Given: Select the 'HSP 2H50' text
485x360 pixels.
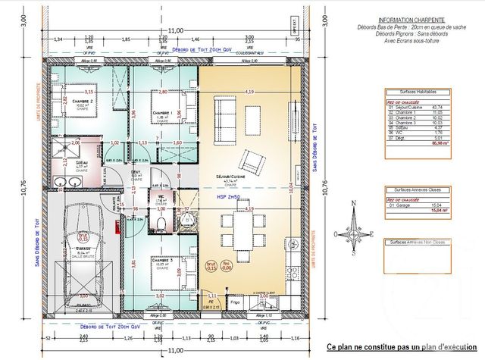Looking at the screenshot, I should [229, 196].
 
